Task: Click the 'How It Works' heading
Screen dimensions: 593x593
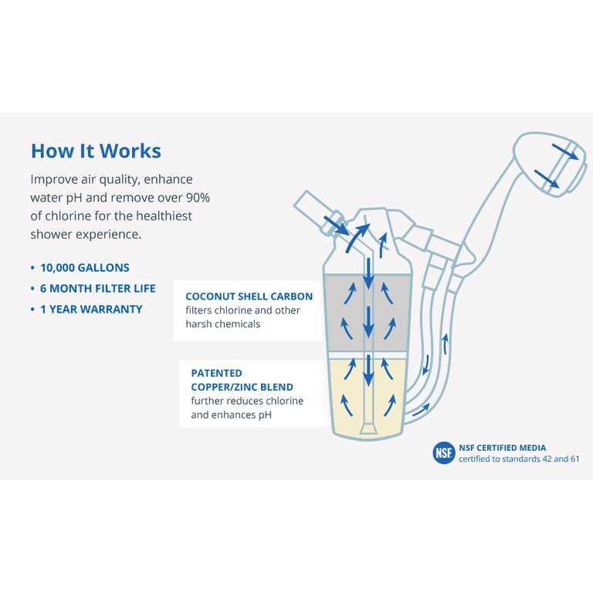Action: click(x=96, y=151)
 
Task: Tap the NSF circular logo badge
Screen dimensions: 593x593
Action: click(x=444, y=452)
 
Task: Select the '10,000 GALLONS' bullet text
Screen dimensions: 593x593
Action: click(x=85, y=268)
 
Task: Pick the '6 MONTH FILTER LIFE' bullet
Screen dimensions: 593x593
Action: click(x=97, y=289)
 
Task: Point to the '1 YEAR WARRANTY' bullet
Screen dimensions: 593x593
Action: click(x=91, y=310)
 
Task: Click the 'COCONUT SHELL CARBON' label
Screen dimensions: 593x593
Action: click(x=249, y=296)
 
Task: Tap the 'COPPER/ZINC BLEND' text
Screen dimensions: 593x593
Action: click(x=242, y=388)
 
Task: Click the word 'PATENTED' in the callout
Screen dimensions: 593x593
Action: click(x=216, y=373)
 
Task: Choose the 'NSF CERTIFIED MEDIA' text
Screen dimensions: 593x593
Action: click(x=502, y=448)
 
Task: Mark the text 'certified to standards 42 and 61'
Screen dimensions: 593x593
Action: click(x=519, y=459)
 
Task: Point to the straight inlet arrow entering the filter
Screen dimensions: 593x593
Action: click(x=336, y=225)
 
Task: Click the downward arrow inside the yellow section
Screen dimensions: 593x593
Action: click(x=368, y=371)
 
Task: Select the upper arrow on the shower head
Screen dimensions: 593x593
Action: click(x=565, y=151)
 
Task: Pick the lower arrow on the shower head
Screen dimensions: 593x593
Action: click(x=547, y=178)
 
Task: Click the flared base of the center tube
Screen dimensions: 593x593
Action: click(x=368, y=429)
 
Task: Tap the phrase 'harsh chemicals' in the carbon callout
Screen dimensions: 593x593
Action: click(x=222, y=324)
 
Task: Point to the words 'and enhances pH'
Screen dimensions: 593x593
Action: click(x=231, y=415)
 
